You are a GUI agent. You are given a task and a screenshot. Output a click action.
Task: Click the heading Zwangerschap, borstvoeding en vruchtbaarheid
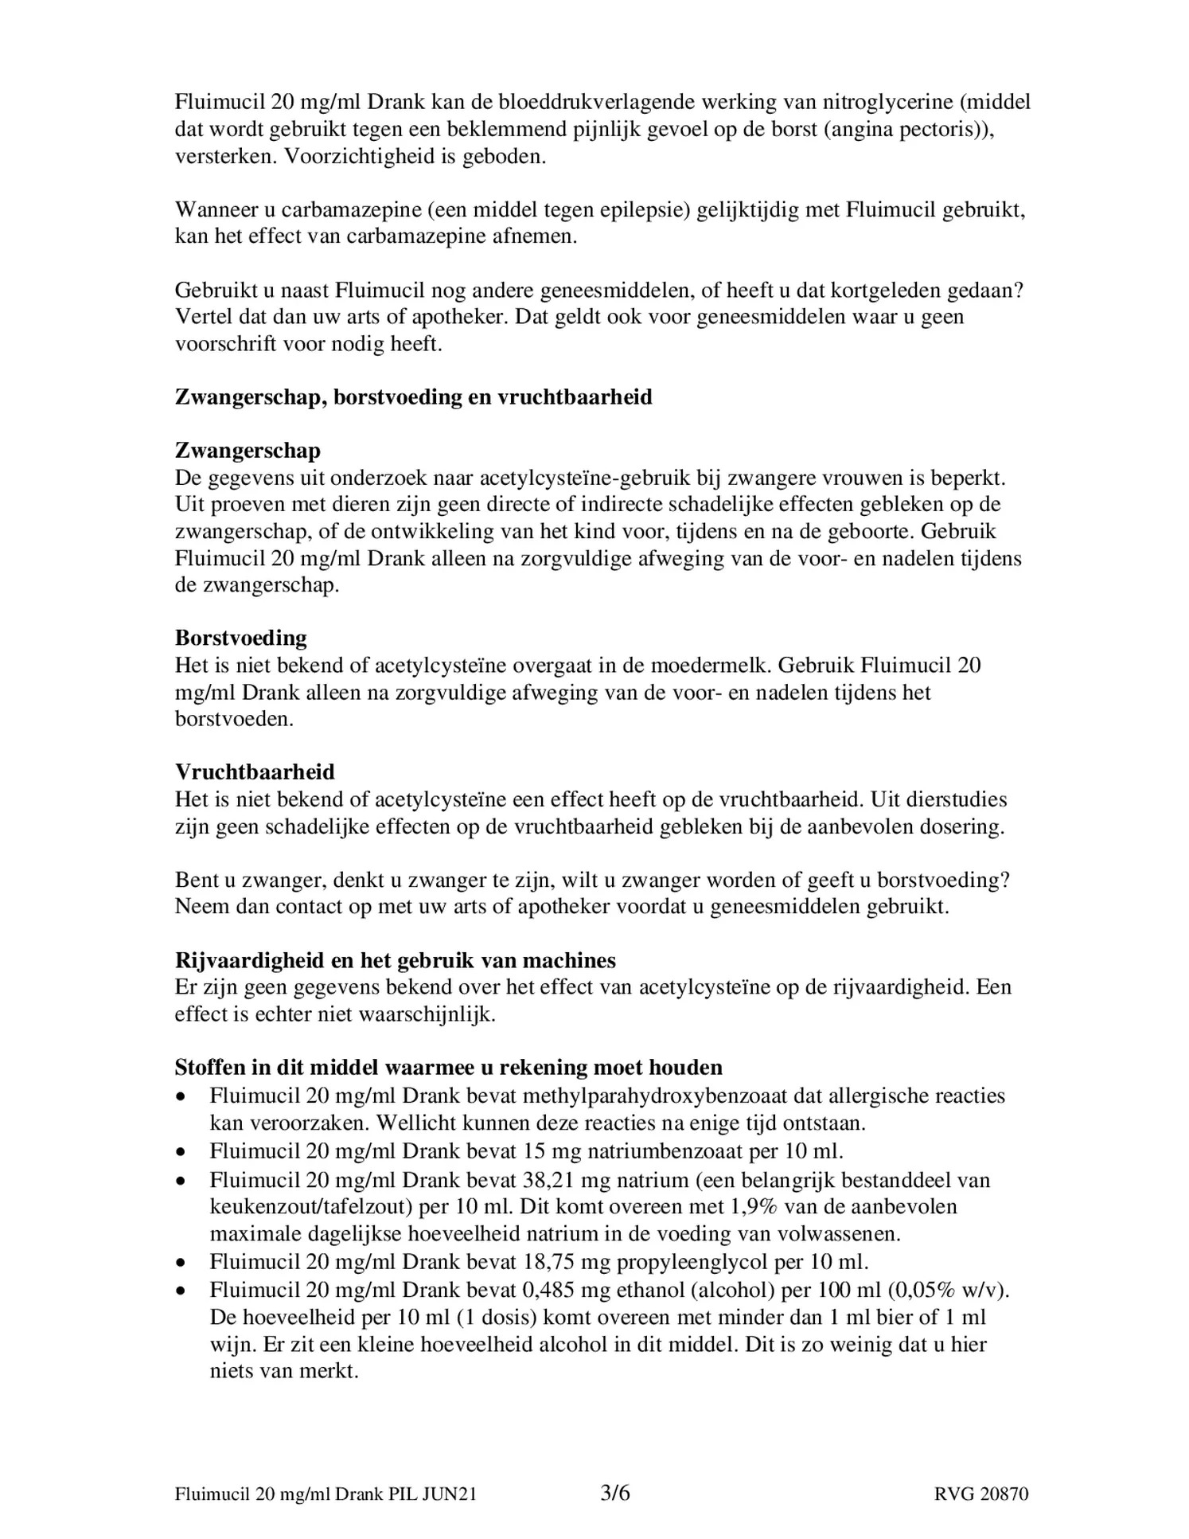point(413,397)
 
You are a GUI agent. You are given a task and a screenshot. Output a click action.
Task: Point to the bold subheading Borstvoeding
point(240,638)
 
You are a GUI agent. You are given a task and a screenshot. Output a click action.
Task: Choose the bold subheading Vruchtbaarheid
point(255,771)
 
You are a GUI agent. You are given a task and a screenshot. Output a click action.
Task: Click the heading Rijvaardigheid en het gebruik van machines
point(395,960)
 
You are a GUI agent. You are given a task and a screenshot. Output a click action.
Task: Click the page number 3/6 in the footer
point(614,1494)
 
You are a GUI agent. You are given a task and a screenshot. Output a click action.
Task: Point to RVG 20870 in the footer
point(981,1494)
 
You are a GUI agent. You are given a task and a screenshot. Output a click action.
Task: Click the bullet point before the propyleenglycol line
point(182,1263)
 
